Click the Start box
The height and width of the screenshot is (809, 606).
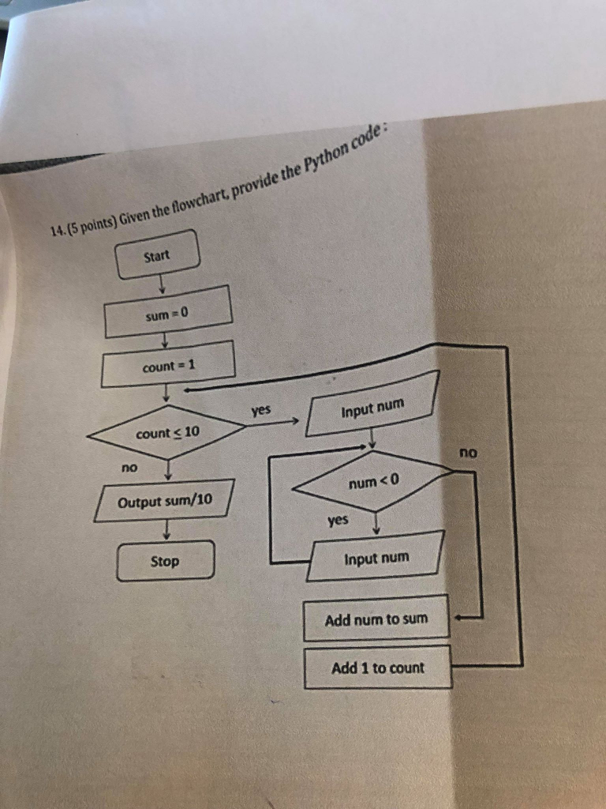(158, 254)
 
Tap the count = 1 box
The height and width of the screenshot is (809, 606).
(168, 365)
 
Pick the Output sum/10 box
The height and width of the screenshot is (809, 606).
(165, 500)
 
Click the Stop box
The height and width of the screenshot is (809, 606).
(165, 561)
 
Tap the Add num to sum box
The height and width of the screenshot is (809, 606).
(376, 619)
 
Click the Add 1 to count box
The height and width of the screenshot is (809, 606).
(378, 668)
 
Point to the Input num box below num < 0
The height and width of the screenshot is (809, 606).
(376, 558)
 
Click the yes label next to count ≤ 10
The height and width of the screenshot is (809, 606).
(261, 410)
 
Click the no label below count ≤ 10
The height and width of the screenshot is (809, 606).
(129, 468)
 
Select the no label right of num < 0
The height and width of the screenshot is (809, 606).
(469, 453)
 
